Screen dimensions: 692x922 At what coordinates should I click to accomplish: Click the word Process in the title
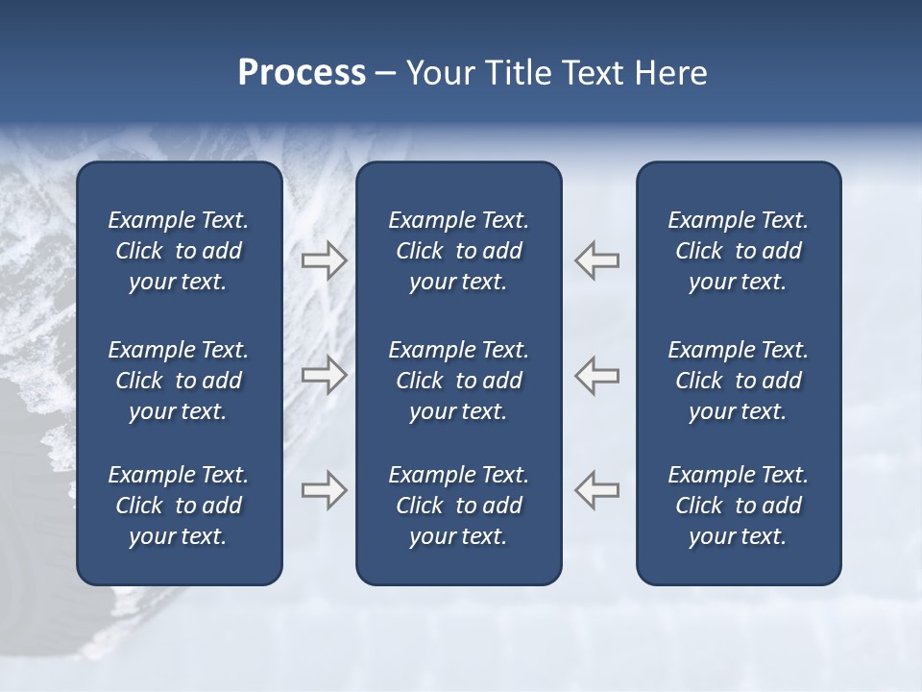(x=302, y=73)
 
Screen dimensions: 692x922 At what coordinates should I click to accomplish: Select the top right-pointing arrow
(x=324, y=259)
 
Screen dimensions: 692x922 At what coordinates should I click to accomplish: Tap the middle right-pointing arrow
(x=324, y=374)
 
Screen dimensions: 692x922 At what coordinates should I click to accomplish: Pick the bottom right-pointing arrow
(x=324, y=490)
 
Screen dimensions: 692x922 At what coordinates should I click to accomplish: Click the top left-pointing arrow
(x=597, y=259)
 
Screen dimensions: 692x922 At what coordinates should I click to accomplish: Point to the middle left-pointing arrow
(x=597, y=374)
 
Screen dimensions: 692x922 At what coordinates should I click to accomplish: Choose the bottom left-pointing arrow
(x=597, y=490)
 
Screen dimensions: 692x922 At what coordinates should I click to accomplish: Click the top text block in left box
(x=179, y=251)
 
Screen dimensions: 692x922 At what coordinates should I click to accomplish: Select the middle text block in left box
(x=179, y=381)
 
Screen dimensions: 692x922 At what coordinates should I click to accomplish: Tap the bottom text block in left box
(x=179, y=506)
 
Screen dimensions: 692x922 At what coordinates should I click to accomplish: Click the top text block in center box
(x=458, y=251)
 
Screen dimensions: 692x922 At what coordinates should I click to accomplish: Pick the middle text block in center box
(x=458, y=381)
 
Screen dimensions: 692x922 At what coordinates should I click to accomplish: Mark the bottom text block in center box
(x=458, y=506)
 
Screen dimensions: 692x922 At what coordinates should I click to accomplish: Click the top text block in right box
(x=738, y=251)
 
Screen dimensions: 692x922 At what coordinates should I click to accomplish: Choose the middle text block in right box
(x=738, y=381)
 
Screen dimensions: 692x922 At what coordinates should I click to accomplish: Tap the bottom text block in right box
(x=738, y=506)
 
